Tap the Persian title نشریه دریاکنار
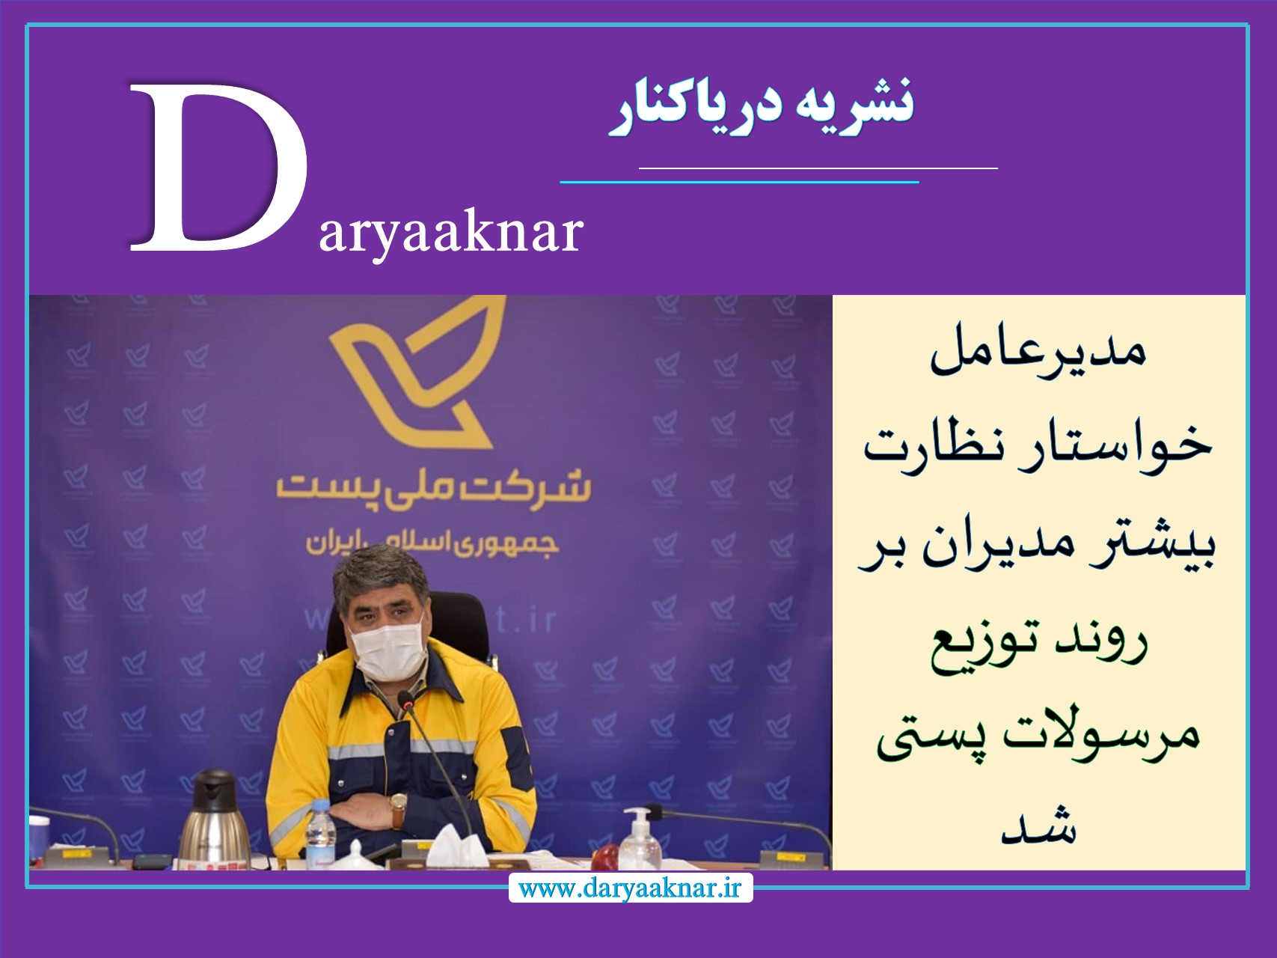(x=762, y=107)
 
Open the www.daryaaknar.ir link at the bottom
(x=630, y=888)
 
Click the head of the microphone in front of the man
(x=405, y=701)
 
